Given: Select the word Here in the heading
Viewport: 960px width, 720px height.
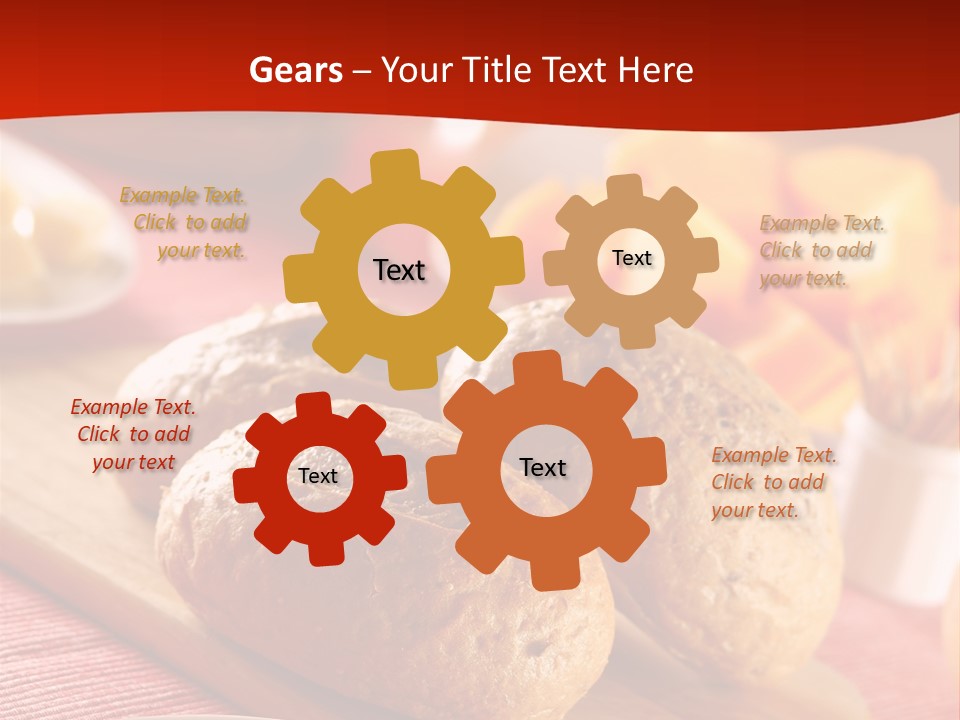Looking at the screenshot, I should coord(655,70).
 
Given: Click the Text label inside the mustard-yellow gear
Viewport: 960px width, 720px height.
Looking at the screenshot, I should coord(399,270).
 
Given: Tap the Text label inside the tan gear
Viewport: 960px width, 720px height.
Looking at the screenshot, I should coord(631,258).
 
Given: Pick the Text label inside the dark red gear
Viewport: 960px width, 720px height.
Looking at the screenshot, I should coord(318,477).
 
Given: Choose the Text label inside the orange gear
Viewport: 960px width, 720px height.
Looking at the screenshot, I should coord(542,467).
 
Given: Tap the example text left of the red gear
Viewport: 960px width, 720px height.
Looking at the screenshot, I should coord(133,434).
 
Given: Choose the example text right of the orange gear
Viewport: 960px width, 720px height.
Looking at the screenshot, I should coord(772,482).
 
